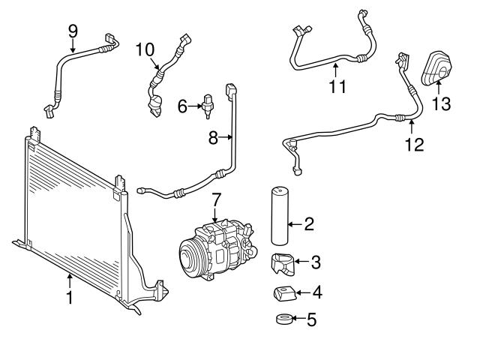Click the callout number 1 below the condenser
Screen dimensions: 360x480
[69, 298]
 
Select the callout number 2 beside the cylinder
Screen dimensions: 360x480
[308, 223]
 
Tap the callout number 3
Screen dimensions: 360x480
[315, 262]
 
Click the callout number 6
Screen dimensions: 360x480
[182, 107]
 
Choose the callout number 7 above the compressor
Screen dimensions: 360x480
[216, 200]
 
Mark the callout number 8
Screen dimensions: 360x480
[213, 137]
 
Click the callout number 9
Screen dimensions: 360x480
[73, 30]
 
